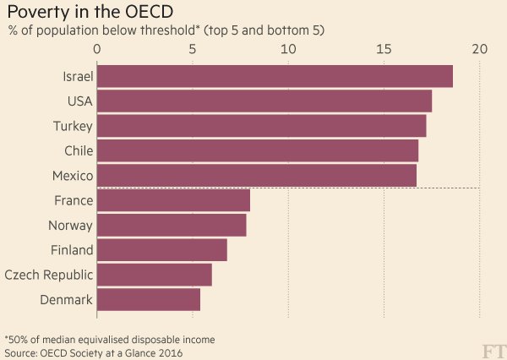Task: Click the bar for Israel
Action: [x=275, y=76]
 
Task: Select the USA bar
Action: [x=264, y=101]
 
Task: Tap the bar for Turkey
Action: [x=262, y=126]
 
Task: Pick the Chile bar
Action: [x=258, y=150]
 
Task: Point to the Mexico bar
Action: [x=257, y=176]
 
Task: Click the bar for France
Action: [x=174, y=200]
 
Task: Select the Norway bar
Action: [x=172, y=225]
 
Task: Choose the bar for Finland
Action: [x=162, y=250]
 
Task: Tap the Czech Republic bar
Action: [x=155, y=275]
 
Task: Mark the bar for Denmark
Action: [x=149, y=299]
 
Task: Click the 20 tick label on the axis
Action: [x=480, y=50]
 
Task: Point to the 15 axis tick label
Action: [x=384, y=50]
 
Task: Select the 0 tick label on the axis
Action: [x=98, y=50]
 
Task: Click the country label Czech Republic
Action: [x=48, y=275]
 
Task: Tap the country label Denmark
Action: [x=66, y=299]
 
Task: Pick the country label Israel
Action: [x=77, y=77]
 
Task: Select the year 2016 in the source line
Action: [x=168, y=352]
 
